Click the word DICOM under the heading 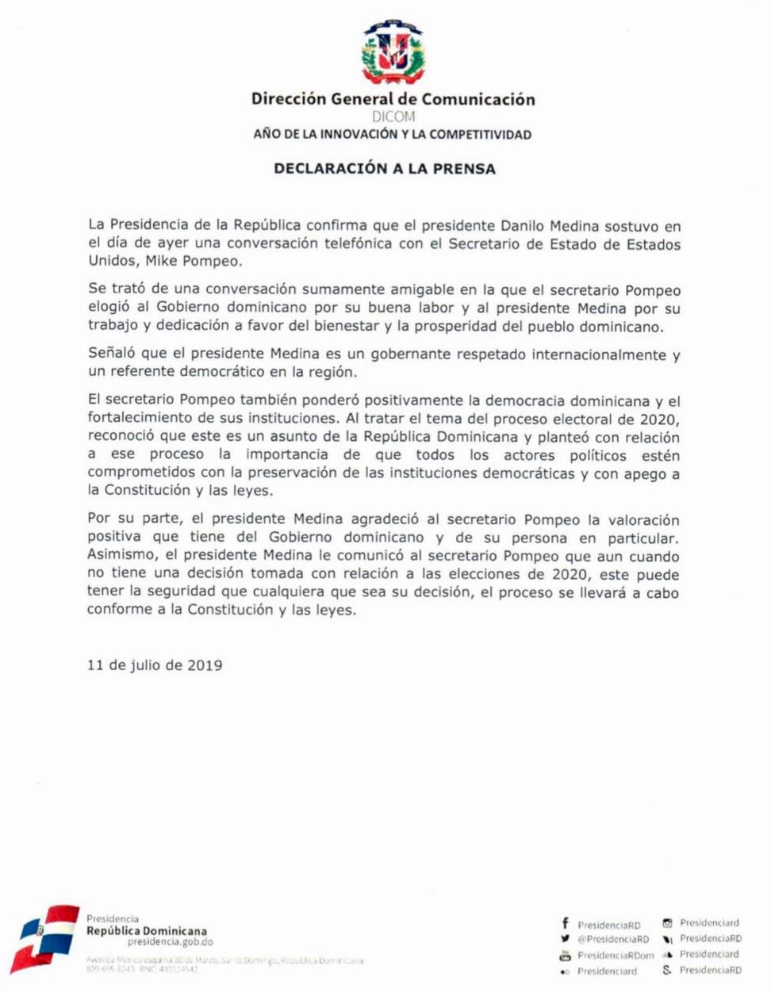tap(393, 117)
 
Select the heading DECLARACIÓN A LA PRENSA tap(385, 168)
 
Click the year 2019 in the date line tap(205, 665)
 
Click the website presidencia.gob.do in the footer tap(170, 942)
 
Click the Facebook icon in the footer tap(565, 924)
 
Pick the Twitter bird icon tap(565, 939)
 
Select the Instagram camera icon tap(667, 923)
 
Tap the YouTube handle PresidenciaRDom tap(616, 956)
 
